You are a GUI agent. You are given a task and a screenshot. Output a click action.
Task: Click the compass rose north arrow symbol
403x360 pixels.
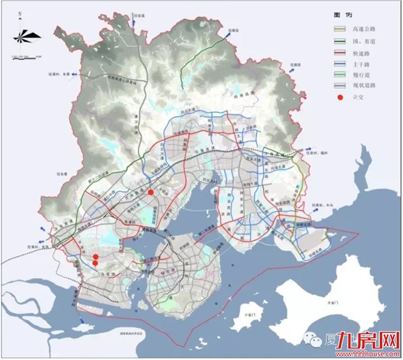[24, 34]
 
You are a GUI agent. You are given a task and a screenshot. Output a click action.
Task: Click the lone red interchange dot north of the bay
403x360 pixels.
[150, 192]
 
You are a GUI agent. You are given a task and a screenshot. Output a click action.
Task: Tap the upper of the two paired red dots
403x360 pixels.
[95, 256]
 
